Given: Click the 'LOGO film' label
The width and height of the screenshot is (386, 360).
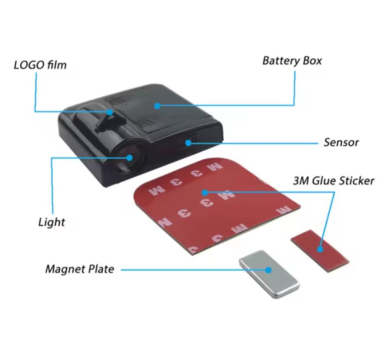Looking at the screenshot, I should (x=40, y=65).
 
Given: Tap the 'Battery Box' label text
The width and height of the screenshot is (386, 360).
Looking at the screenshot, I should (x=292, y=61).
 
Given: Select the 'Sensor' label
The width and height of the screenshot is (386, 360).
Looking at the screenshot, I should (x=341, y=142).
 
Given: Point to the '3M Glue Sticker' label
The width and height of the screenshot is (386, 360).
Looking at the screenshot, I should (x=333, y=180).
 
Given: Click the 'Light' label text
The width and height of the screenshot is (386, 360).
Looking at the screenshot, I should (x=52, y=222).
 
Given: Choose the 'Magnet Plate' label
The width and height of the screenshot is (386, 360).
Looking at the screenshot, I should (x=80, y=269).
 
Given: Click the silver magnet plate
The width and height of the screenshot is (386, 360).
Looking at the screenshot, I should (x=269, y=274).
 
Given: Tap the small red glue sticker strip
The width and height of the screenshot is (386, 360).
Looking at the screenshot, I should (x=320, y=251).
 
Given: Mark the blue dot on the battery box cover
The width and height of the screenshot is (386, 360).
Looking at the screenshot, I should (x=157, y=105).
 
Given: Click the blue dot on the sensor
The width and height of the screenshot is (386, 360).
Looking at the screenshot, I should (x=188, y=143).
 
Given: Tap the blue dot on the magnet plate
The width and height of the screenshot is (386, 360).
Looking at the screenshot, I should (x=268, y=270).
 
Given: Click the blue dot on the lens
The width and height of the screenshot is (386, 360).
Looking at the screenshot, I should (x=130, y=157).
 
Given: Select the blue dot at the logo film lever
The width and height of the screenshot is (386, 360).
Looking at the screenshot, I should (x=110, y=112).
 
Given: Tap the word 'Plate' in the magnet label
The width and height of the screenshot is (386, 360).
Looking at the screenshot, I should (x=102, y=269).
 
